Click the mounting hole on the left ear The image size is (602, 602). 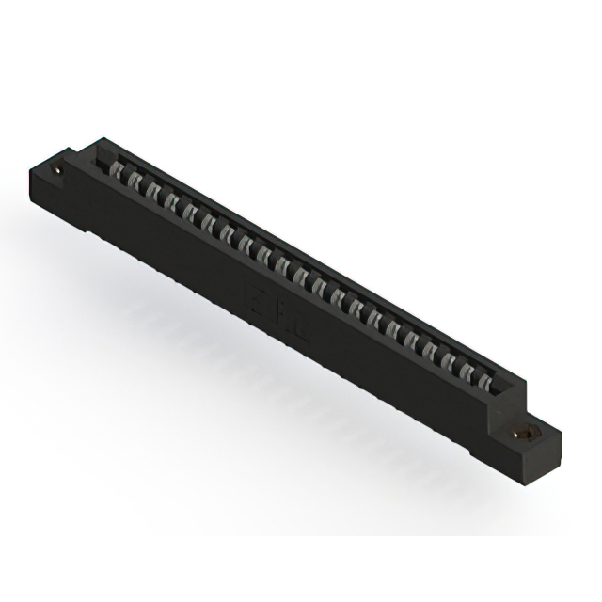[x=60, y=170]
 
